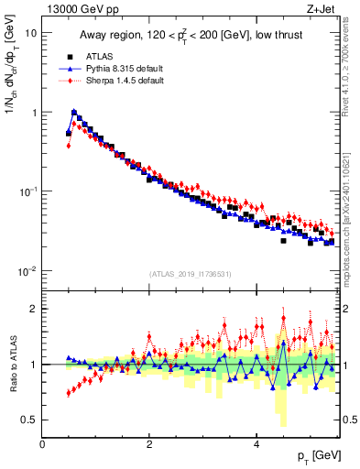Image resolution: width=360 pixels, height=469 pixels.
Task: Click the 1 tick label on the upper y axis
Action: [x=34, y=113]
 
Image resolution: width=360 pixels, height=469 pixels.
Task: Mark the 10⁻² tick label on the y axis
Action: [x=28, y=272]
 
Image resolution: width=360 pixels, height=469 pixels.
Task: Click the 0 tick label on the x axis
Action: [x=43, y=444]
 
